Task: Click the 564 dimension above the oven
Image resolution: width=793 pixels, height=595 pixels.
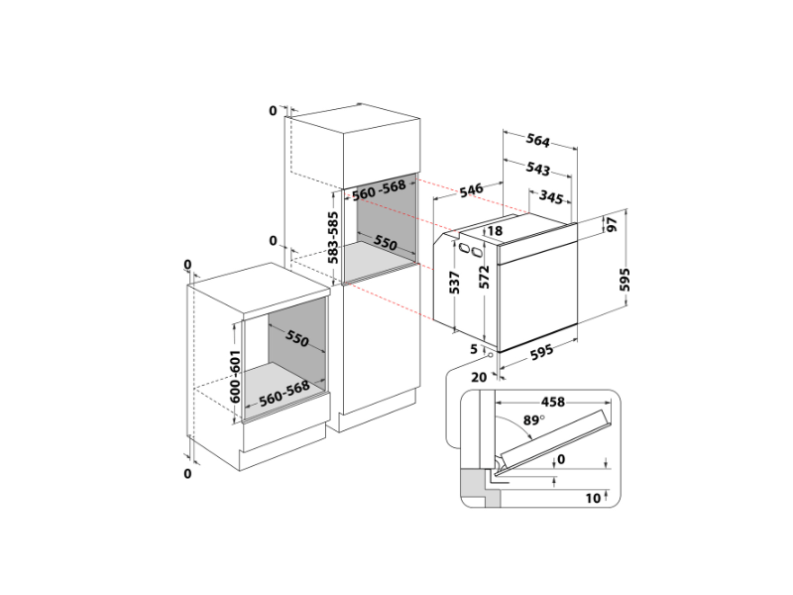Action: [537, 140]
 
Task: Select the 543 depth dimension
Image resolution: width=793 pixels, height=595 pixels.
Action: [537, 168]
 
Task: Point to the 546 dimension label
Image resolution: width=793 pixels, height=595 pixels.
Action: [472, 190]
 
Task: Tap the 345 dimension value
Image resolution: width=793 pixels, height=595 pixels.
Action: [551, 196]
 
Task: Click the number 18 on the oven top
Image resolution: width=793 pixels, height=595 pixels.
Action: [495, 231]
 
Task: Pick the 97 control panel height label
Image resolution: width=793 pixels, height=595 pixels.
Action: [612, 224]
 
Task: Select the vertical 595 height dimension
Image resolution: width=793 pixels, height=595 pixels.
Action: [625, 280]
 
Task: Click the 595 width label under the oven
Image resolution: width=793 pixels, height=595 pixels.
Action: [541, 352]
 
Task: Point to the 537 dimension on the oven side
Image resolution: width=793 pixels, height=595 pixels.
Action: [455, 283]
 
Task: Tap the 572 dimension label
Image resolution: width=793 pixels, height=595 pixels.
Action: [485, 277]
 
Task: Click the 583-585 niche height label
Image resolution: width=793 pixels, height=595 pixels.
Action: [333, 237]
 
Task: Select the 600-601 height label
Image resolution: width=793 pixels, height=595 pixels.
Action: [235, 377]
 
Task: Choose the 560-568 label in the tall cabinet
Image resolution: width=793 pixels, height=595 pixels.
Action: [380, 189]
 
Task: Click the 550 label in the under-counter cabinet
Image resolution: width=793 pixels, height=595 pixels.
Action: [296, 338]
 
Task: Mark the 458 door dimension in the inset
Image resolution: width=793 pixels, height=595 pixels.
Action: [553, 402]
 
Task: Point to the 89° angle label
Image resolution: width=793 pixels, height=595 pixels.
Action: [533, 419]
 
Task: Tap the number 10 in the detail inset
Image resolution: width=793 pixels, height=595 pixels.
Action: [593, 499]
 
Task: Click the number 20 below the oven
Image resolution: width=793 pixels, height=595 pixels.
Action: [479, 377]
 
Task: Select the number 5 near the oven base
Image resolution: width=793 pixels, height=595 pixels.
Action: [474, 349]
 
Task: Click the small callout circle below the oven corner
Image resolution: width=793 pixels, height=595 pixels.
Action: [490, 355]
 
